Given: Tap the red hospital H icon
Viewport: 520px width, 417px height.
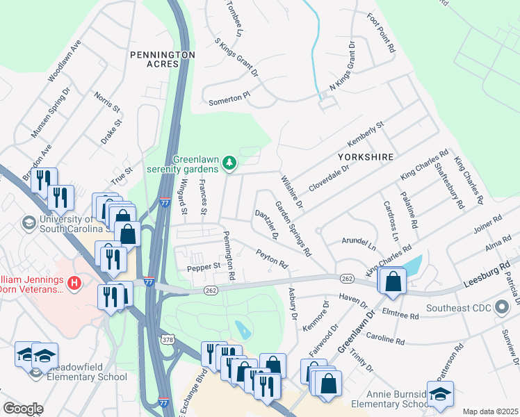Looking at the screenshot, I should pyautogui.click(x=74, y=283).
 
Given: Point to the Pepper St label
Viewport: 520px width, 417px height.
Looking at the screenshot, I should pyautogui.click(x=203, y=265).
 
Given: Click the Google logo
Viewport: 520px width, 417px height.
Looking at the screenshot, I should pyautogui.click(x=23, y=409).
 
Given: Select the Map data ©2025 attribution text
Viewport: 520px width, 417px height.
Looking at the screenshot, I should pyautogui.click(x=490, y=411).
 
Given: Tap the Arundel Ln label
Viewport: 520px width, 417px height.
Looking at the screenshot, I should pyautogui.click(x=358, y=243).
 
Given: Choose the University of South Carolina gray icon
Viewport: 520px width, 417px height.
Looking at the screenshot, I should pyautogui.click(x=29, y=222).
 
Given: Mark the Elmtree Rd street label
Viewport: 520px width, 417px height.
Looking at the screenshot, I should pyautogui.click(x=400, y=314).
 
